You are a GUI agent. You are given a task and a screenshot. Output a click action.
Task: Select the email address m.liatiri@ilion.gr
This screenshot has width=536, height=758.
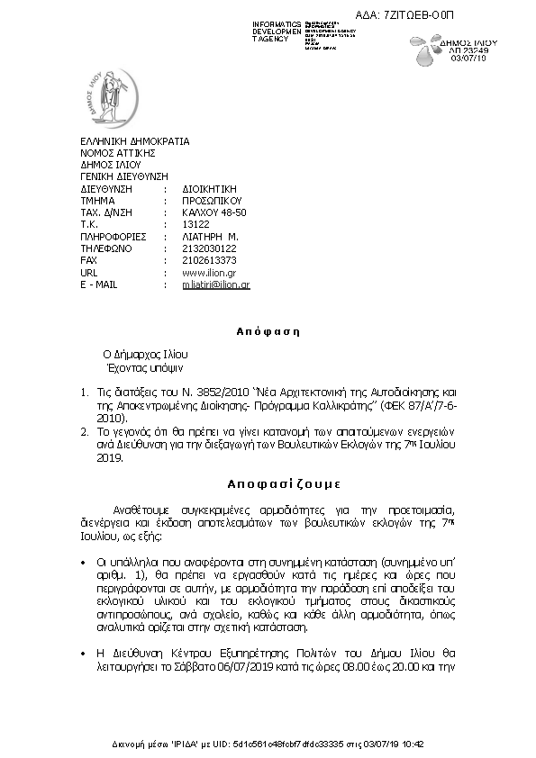tap(215, 284)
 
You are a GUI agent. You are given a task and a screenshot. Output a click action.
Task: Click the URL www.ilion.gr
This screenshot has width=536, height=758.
tap(209, 272)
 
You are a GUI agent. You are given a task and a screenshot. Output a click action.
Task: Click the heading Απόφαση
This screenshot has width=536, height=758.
tap(268, 331)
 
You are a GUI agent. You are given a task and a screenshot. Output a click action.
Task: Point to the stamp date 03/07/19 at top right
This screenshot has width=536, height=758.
tap(493, 60)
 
